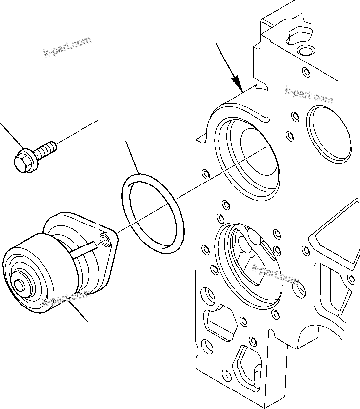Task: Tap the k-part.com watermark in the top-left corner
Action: pyautogui.click(x=67, y=46)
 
